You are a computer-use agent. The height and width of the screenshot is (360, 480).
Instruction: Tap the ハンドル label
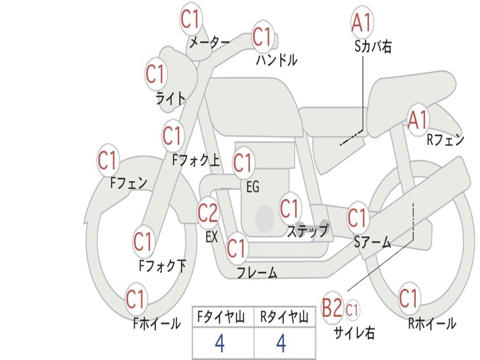click(x=277, y=60)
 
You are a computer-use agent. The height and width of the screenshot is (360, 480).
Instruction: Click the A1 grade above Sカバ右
click(x=362, y=22)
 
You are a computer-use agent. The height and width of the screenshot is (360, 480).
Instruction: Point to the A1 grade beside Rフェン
click(x=418, y=120)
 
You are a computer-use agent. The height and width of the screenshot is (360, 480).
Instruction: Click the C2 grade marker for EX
click(x=208, y=213)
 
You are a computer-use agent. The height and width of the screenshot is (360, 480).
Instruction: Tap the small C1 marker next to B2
click(x=352, y=310)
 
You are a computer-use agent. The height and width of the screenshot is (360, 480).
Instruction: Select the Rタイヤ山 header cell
click(x=284, y=318)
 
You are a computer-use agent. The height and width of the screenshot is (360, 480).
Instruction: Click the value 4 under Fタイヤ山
click(x=219, y=344)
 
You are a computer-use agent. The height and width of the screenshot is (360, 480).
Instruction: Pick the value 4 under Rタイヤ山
click(x=281, y=344)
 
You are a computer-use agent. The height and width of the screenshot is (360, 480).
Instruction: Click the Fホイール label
click(x=157, y=323)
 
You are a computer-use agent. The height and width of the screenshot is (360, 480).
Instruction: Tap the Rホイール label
click(x=432, y=323)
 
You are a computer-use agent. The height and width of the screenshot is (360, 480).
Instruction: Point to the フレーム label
click(x=257, y=273)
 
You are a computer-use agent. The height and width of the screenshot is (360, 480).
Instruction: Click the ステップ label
click(x=307, y=231)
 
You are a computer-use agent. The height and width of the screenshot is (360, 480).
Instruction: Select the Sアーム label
click(x=373, y=242)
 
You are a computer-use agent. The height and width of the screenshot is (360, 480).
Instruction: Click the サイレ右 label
click(x=354, y=332)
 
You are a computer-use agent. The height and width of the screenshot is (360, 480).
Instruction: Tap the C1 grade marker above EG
click(x=243, y=163)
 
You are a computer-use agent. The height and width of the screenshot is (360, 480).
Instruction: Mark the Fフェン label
click(x=129, y=183)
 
